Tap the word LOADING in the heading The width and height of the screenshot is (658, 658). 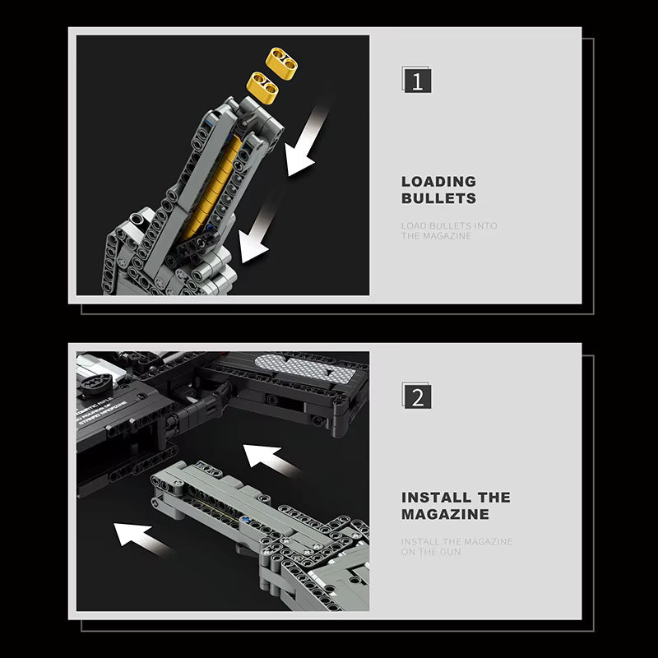click(x=438, y=182)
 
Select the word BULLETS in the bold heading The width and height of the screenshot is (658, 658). click(x=438, y=198)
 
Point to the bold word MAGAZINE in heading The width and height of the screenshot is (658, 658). click(x=445, y=515)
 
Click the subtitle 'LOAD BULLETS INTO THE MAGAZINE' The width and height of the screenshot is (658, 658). click(x=449, y=231)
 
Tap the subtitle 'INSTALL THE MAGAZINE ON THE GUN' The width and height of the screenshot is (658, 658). click(x=456, y=547)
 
